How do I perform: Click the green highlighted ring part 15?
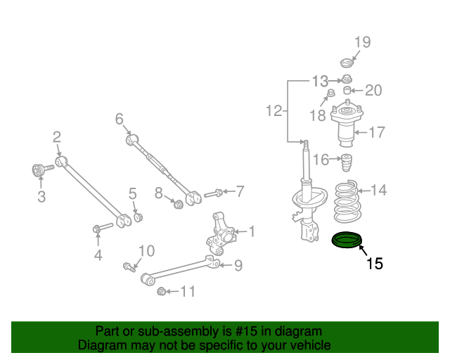(x=346, y=240)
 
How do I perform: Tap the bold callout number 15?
(x=374, y=264)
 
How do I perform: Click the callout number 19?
(x=361, y=43)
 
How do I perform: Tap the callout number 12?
(x=274, y=110)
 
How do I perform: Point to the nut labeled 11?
(x=162, y=291)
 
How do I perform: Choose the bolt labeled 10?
(x=129, y=266)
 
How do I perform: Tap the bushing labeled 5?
(x=138, y=215)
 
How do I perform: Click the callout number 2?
(x=57, y=137)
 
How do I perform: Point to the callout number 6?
(x=119, y=118)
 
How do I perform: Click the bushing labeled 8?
(x=179, y=204)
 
